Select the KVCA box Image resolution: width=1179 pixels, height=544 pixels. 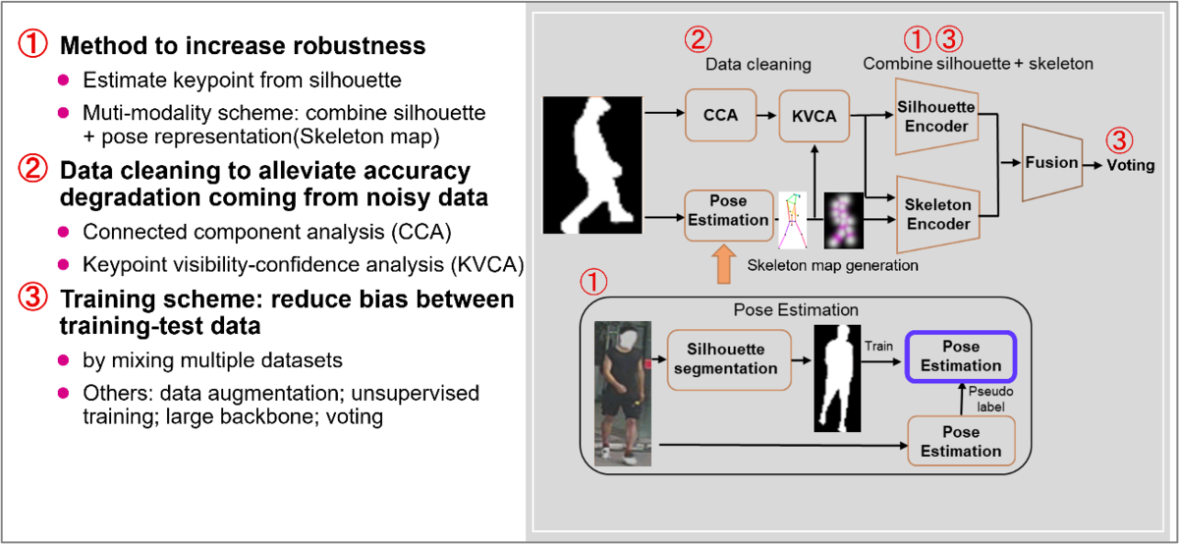click(x=814, y=116)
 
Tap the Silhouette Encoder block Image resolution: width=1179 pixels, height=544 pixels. click(x=935, y=116)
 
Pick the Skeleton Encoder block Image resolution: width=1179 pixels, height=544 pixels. click(x=937, y=214)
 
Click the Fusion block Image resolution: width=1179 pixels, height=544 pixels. click(x=1051, y=162)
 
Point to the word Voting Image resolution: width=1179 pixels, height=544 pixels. click(x=1130, y=165)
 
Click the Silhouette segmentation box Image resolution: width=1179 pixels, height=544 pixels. click(x=728, y=359)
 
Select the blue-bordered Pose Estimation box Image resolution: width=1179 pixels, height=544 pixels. click(x=960, y=356)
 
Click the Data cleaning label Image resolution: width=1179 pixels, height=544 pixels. click(x=758, y=65)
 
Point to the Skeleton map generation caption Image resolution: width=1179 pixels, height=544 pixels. click(x=832, y=265)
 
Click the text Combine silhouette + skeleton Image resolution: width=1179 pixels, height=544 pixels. click(x=978, y=64)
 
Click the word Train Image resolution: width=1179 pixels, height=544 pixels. click(x=878, y=346)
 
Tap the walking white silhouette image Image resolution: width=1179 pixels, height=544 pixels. click(x=591, y=164)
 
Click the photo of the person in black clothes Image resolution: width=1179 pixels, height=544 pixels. click(x=622, y=393)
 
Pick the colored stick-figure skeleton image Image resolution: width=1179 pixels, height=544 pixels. click(x=792, y=220)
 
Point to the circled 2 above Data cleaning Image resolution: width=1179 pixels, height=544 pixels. click(x=698, y=40)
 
